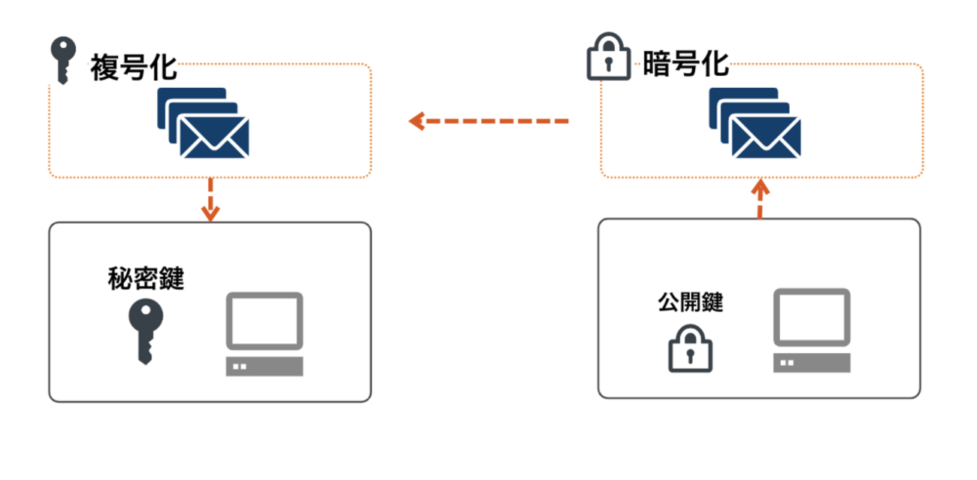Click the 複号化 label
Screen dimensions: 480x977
pyautogui.click(x=134, y=67)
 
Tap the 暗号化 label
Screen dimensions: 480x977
pyautogui.click(x=686, y=64)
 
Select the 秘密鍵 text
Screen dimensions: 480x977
pyautogui.click(x=146, y=279)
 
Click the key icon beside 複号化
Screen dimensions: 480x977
pyautogui.click(x=61, y=60)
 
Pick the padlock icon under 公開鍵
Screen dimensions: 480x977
pyautogui.click(x=691, y=349)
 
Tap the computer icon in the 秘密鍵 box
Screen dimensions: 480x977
pyautogui.click(x=265, y=334)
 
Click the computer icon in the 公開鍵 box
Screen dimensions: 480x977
pyautogui.click(x=812, y=331)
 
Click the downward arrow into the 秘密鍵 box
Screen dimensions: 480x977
pyautogui.click(x=210, y=200)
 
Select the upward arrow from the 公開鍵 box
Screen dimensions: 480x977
pyautogui.click(x=761, y=198)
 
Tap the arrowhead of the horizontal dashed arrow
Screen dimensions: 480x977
pyautogui.click(x=416, y=121)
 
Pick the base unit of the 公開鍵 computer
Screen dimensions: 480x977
pyautogui.click(x=812, y=364)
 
